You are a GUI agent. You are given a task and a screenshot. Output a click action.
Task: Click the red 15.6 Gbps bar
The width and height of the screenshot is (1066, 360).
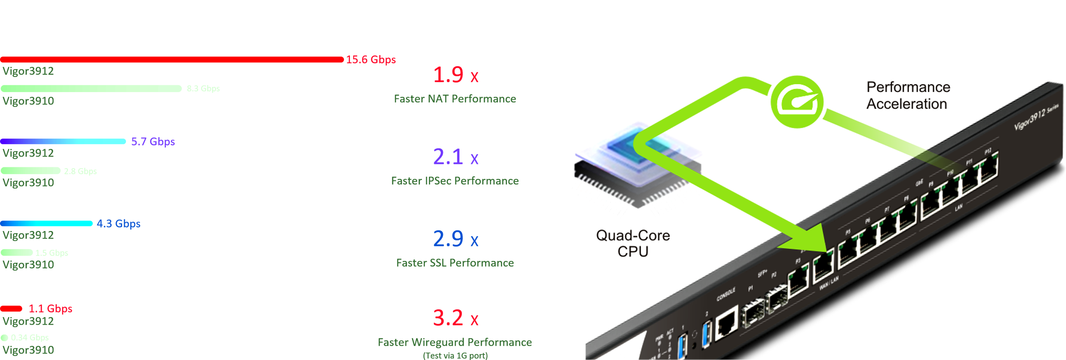click(172, 59)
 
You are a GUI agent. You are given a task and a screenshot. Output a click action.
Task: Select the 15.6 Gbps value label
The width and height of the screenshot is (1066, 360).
click(371, 60)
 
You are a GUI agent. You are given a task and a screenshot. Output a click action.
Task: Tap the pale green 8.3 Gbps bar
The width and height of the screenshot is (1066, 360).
click(91, 89)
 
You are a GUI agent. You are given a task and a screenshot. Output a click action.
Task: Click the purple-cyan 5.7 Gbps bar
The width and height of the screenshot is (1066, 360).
click(63, 142)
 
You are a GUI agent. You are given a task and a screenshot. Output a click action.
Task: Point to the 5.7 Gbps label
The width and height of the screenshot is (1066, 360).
click(153, 142)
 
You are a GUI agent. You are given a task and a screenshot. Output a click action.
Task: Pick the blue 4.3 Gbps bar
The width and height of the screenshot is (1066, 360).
click(46, 224)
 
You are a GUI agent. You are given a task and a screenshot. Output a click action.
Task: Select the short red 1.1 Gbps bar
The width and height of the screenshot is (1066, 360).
click(11, 308)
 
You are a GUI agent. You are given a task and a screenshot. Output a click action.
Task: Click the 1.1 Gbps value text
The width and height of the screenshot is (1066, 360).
click(50, 309)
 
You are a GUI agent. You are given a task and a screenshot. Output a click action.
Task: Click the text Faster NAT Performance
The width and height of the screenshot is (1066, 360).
click(455, 99)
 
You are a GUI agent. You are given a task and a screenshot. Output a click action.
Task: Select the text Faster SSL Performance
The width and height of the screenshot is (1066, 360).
click(455, 263)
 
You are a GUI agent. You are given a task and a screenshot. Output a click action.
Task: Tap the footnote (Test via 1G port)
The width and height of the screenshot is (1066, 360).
click(455, 356)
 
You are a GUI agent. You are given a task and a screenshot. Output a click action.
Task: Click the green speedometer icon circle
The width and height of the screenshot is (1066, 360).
click(797, 102)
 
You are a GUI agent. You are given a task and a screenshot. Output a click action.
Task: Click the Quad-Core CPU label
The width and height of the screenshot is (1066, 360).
click(633, 243)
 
